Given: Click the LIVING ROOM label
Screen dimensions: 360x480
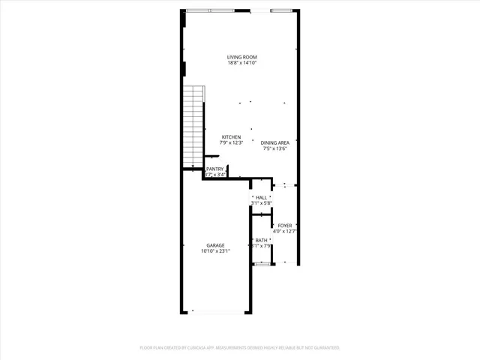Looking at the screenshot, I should pyautogui.click(x=242, y=57).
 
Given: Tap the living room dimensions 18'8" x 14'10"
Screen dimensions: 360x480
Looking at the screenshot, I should pyautogui.click(x=242, y=63).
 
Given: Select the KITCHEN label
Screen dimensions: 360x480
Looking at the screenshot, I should pyautogui.click(x=231, y=137).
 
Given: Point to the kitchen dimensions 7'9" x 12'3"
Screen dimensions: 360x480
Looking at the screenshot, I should pyautogui.click(x=231, y=143).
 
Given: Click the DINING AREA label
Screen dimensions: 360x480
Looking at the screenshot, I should pyautogui.click(x=275, y=142).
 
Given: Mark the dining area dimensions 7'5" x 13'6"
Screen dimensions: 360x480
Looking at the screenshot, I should pyautogui.click(x=275, y=148).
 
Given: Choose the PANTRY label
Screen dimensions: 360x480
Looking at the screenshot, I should pyautogui.click(x=215, y=169).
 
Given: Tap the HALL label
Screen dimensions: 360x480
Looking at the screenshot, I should pyautogui.click(x=261, y=197).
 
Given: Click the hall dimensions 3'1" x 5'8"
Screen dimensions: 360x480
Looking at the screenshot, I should pyautogui.click(x=261, y=203).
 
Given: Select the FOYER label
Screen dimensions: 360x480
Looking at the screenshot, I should pyautogui.click(x=285, y=225).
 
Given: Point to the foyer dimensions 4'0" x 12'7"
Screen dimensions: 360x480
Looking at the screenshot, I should pyautogui.click(x=285, y=231).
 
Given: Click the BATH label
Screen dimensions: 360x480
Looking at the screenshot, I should pyautogui.click(x=261, y=240).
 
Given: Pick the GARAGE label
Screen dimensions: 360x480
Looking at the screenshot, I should pyautogui.click(x=215, y=245).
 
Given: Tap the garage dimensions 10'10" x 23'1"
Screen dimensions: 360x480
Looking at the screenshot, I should pyautogui.click(x=215, y=251).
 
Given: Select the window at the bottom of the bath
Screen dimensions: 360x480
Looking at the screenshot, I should pyautogui.click(x=262, y=264).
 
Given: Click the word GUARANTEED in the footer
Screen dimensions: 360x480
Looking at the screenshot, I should pyautogui.click(x=323, y=348).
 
